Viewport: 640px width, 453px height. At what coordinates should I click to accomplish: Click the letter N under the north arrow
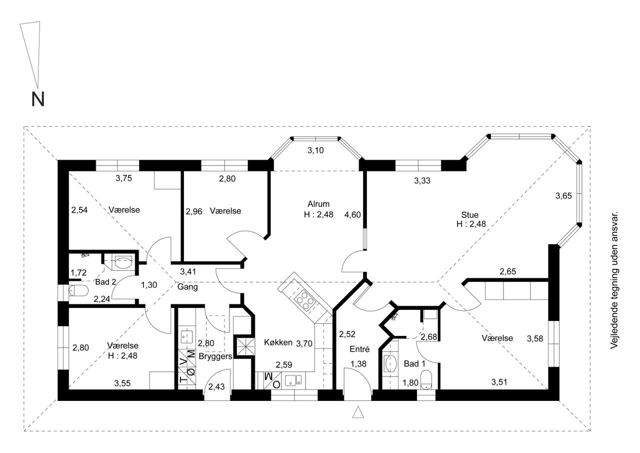click(x=37, y=99)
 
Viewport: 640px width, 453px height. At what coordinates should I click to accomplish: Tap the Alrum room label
click(x=318, y=204)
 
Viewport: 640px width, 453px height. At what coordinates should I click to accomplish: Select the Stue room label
click(x=469, y=215)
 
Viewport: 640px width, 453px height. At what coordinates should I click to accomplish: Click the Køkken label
click(x=278, y=342)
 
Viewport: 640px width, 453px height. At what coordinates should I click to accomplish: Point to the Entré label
click(x=359, y=349)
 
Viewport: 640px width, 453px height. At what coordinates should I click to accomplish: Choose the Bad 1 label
click(x=414, y=364)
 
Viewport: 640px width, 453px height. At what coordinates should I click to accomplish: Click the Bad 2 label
click(x=105, y=282)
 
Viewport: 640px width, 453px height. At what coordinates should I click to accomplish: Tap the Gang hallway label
click(x=187, y=287)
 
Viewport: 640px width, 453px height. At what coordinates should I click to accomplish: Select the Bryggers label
click(x=215, y=356)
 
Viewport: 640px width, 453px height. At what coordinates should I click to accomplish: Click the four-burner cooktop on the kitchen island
click(x=305, y=301)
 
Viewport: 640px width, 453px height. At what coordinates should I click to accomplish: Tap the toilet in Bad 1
click(x=426, y=380)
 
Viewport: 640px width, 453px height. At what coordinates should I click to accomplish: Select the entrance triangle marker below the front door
click(x=358, y=412)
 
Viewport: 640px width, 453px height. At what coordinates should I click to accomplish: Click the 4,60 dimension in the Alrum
click(x=352, y=215)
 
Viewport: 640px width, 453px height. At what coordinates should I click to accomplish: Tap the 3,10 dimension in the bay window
click(x=315, y=150)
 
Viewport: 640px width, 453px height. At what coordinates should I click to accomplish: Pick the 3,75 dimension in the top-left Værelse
click(x=123, y=178)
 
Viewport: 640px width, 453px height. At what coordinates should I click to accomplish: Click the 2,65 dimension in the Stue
click(x=507, y=271)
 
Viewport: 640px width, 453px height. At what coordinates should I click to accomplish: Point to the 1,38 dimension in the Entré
click(x=358, y=364)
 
